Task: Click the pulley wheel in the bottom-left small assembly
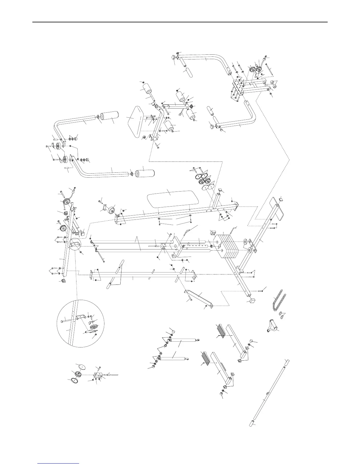(x=79, y=375)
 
